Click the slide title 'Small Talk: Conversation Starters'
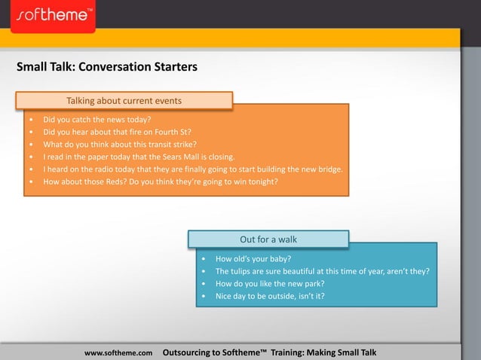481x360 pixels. [x=107, y=67]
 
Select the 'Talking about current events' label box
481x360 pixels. [x=124, y=101]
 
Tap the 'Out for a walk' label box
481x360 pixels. [x=268, y=239]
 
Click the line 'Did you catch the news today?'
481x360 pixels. [x=97, y=120]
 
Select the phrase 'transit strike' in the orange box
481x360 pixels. [x=171, y=145]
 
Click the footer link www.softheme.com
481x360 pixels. [x=118, y=352]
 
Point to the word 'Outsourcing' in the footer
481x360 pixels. [x=193, y=352]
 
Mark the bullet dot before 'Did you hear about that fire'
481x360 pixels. [x=30, y=132]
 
